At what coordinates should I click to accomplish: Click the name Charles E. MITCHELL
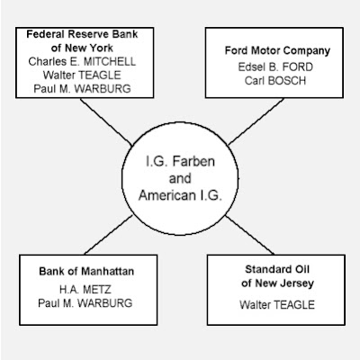(x=82, y=61)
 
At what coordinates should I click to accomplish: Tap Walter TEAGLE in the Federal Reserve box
(x=82, y=75)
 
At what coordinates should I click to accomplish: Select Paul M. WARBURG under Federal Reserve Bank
(x=82, y=88)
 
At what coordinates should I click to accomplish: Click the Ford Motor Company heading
(x=277, y=50)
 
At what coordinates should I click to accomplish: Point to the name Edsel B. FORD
(x=275, y=67)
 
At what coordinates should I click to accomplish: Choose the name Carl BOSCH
(x=275, y=80)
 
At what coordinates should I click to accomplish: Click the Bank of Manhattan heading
(x=86, y=271)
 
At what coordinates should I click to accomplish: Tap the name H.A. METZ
(x=85, y=290)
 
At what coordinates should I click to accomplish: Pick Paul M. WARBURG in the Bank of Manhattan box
(x=85, y=303)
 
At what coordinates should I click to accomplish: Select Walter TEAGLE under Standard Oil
(x=277, y=305)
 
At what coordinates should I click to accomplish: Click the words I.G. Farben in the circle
(x=180, y=161)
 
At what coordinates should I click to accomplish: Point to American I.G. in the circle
(x=180, y=195)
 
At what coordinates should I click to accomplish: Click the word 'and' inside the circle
(x=180, y=179)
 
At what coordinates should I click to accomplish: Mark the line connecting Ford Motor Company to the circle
(x=256, y=121)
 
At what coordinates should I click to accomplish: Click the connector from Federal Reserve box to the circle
(x=106, y=121)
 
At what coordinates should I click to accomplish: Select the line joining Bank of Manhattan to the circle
(x=108, y=235)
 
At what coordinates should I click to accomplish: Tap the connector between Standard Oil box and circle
(x=250, y=235)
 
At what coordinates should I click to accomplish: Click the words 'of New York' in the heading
(x=82, y=48)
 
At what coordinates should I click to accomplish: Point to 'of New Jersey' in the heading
(x=277, y=283)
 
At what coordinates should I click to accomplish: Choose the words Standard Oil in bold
(x=277, y=269)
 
